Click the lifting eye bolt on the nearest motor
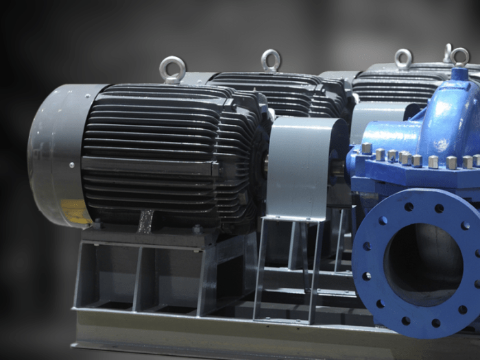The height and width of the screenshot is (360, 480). (172, 69)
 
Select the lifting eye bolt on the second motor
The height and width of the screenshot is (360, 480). (271, 60)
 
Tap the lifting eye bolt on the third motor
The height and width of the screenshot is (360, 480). (403, 58)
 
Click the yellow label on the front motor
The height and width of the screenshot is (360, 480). (75, 212)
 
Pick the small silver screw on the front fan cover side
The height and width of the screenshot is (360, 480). (71, 165)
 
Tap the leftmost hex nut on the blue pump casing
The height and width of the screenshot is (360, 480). (367, 148)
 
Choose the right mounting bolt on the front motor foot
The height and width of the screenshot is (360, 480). (197, 229)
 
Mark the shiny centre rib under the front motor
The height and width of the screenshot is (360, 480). (146, 221)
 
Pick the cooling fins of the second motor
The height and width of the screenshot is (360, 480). (288, 93)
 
